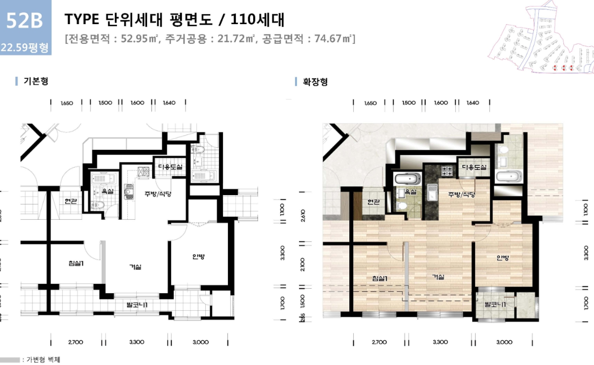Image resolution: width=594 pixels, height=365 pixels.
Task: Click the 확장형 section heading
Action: coord(315,81)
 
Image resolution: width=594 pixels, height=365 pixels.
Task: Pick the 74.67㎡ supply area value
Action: coord(331,38)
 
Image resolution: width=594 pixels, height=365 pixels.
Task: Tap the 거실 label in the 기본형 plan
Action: coord(135,266)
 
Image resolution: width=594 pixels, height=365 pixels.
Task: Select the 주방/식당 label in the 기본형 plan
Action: coord(157,194)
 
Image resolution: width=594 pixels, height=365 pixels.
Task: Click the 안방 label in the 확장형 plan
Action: coord(502,258)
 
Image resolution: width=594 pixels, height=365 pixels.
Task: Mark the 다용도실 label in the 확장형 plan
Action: coord(474,167)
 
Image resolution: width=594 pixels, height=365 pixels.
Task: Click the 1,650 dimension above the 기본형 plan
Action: coord(67,103)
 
